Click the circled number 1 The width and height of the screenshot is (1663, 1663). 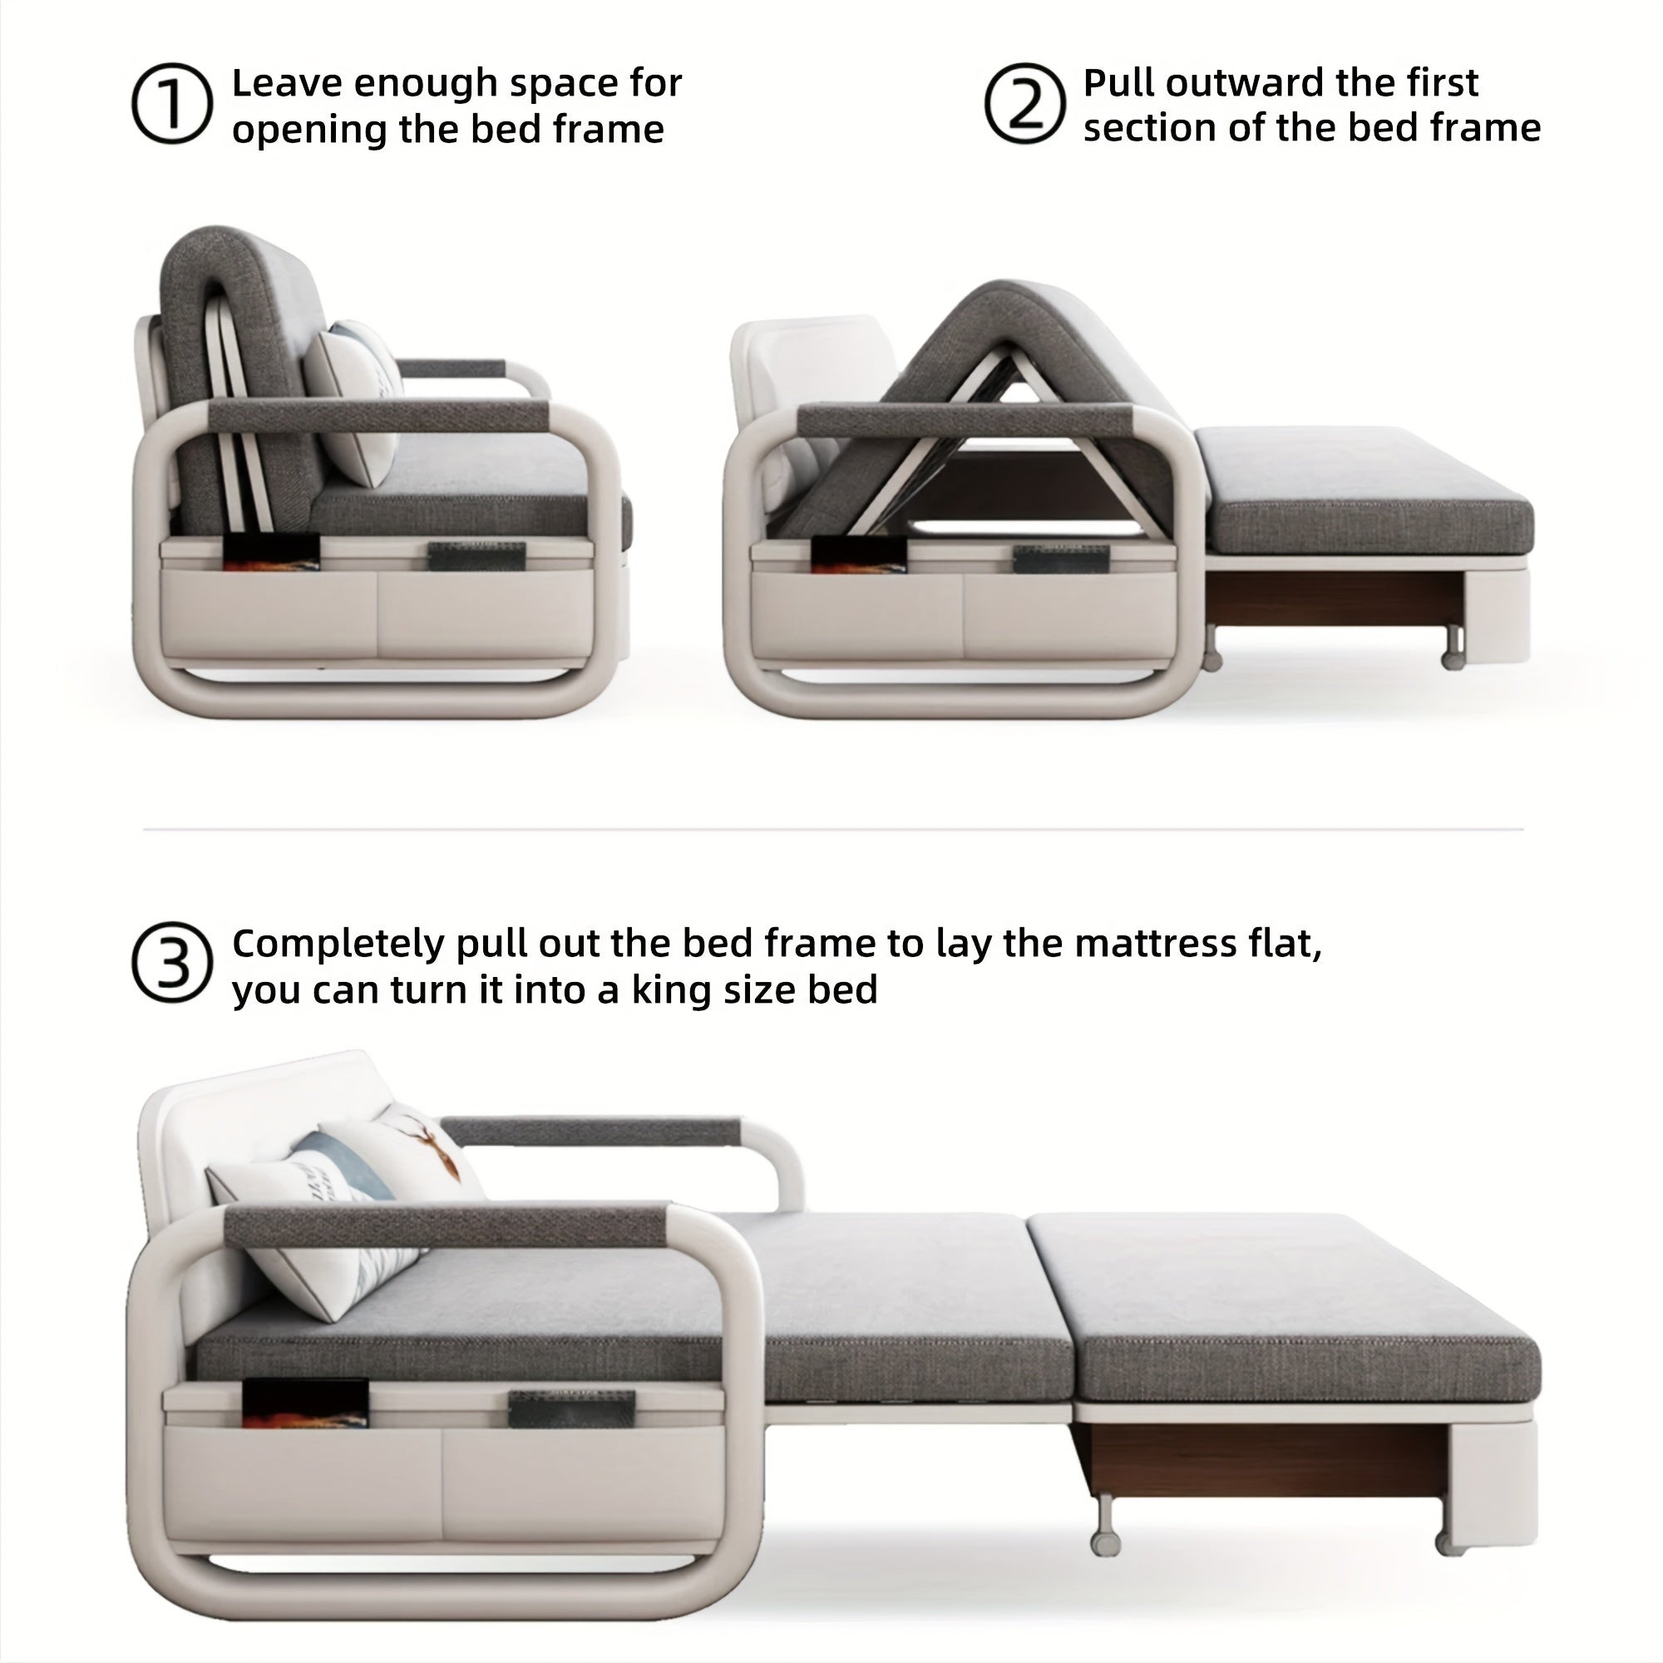171,103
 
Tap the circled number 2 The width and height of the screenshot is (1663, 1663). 1024,103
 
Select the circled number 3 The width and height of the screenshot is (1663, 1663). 171,962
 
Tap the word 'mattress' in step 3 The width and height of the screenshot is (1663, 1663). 1155,944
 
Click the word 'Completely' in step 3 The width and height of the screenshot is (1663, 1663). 339,945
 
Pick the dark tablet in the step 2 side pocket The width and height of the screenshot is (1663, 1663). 1049,559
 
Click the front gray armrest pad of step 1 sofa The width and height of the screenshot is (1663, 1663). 378,416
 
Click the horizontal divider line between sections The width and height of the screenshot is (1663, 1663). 831,829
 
